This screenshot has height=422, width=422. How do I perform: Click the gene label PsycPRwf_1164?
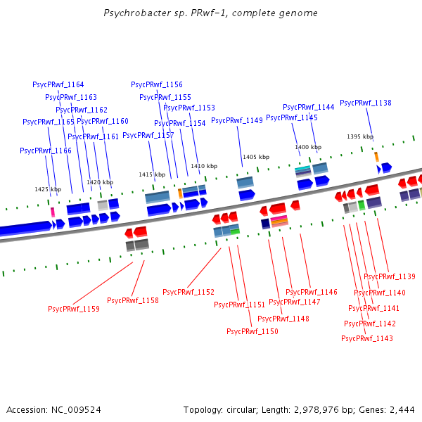[x=58, y=84]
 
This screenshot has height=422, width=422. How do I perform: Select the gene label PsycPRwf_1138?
[x=366, y=103]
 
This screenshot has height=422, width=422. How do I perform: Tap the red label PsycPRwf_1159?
[x=74, y=309]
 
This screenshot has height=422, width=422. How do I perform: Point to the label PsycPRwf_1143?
[x=367, y=338]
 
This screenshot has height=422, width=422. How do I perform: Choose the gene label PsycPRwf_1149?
[x=237, y=120]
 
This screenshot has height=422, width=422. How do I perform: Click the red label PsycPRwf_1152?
[x=188, y=292]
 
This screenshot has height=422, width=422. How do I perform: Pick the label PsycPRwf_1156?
[x=157, y=84]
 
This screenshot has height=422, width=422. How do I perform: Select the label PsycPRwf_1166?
[x=46, y=151]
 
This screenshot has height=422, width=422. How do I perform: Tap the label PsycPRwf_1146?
[x=312, y=292]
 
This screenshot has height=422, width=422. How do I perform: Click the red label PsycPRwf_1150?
[x=252, y=331]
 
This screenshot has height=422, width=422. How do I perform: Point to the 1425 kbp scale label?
[x=48, y=189]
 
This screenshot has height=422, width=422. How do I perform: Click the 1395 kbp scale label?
[x=360, y=136]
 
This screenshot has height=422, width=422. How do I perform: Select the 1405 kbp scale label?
[x=256, y=157]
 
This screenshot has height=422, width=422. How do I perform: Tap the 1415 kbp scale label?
[x=152, y=174]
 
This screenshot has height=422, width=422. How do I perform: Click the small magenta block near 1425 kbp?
[x=52, y=212]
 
